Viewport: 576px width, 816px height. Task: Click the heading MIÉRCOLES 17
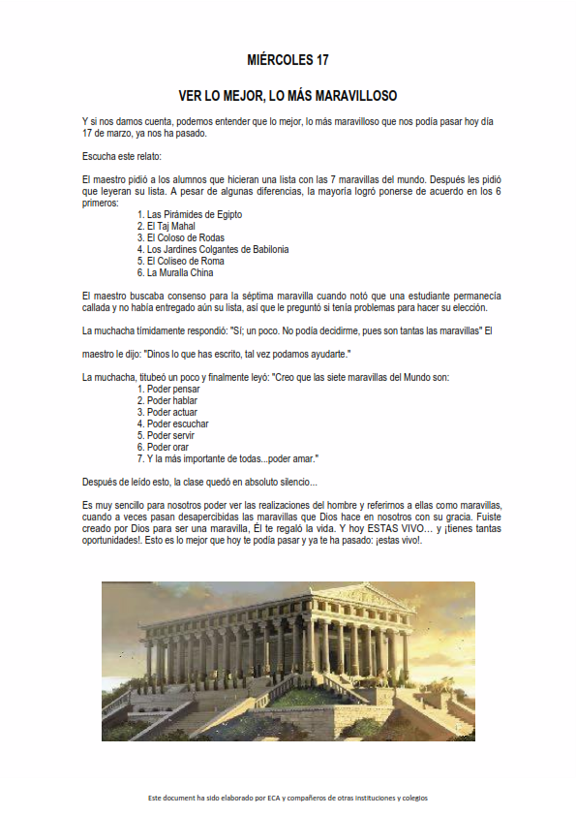[x=288, y=60]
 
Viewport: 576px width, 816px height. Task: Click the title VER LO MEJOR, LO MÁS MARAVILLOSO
[x=288, y=97]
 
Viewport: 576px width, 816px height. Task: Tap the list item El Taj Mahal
[x=171, y=226]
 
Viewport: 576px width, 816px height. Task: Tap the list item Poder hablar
[x=172, y=400]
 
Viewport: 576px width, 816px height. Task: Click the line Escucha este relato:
[x=122, y=156]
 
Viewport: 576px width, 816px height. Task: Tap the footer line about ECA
[x=288, y=798]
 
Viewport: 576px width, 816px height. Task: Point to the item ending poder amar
[x=232, y=458]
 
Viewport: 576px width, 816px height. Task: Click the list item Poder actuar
[x=172, y=412]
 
